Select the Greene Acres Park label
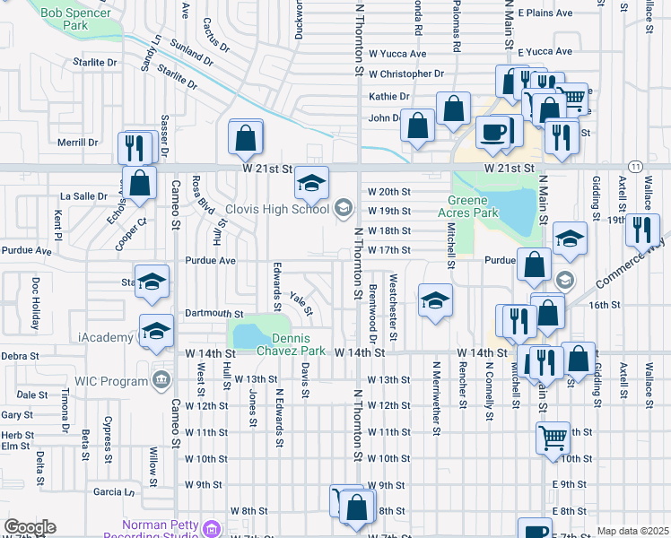click(466, 207)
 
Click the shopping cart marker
click(552, 438)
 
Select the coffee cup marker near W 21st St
click(492, 133)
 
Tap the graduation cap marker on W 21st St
click(311, 184)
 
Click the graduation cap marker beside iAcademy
click(156, 330)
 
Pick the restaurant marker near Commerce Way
click(640, 230)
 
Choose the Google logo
click(30, 527)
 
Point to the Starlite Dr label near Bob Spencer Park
click(99, 64)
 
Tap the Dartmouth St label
click(214, 314)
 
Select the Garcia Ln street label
click(113, 491)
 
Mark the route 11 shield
click(635, 168)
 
